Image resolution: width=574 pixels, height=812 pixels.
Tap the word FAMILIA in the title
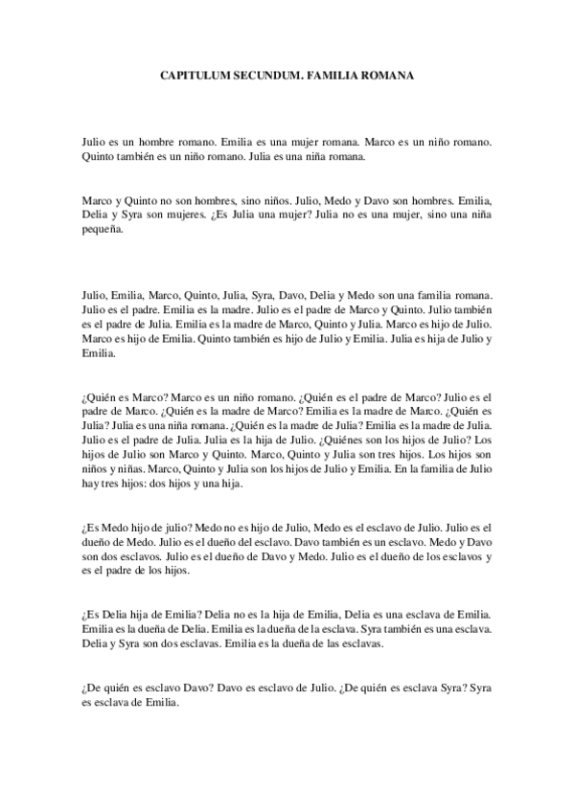click(x=332, y=74)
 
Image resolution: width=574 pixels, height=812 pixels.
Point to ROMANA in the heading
click(x=388, y=74)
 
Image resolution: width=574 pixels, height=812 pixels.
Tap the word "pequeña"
click(x=101, y=234)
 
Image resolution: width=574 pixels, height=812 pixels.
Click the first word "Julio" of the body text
click(x=94, y=141)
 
